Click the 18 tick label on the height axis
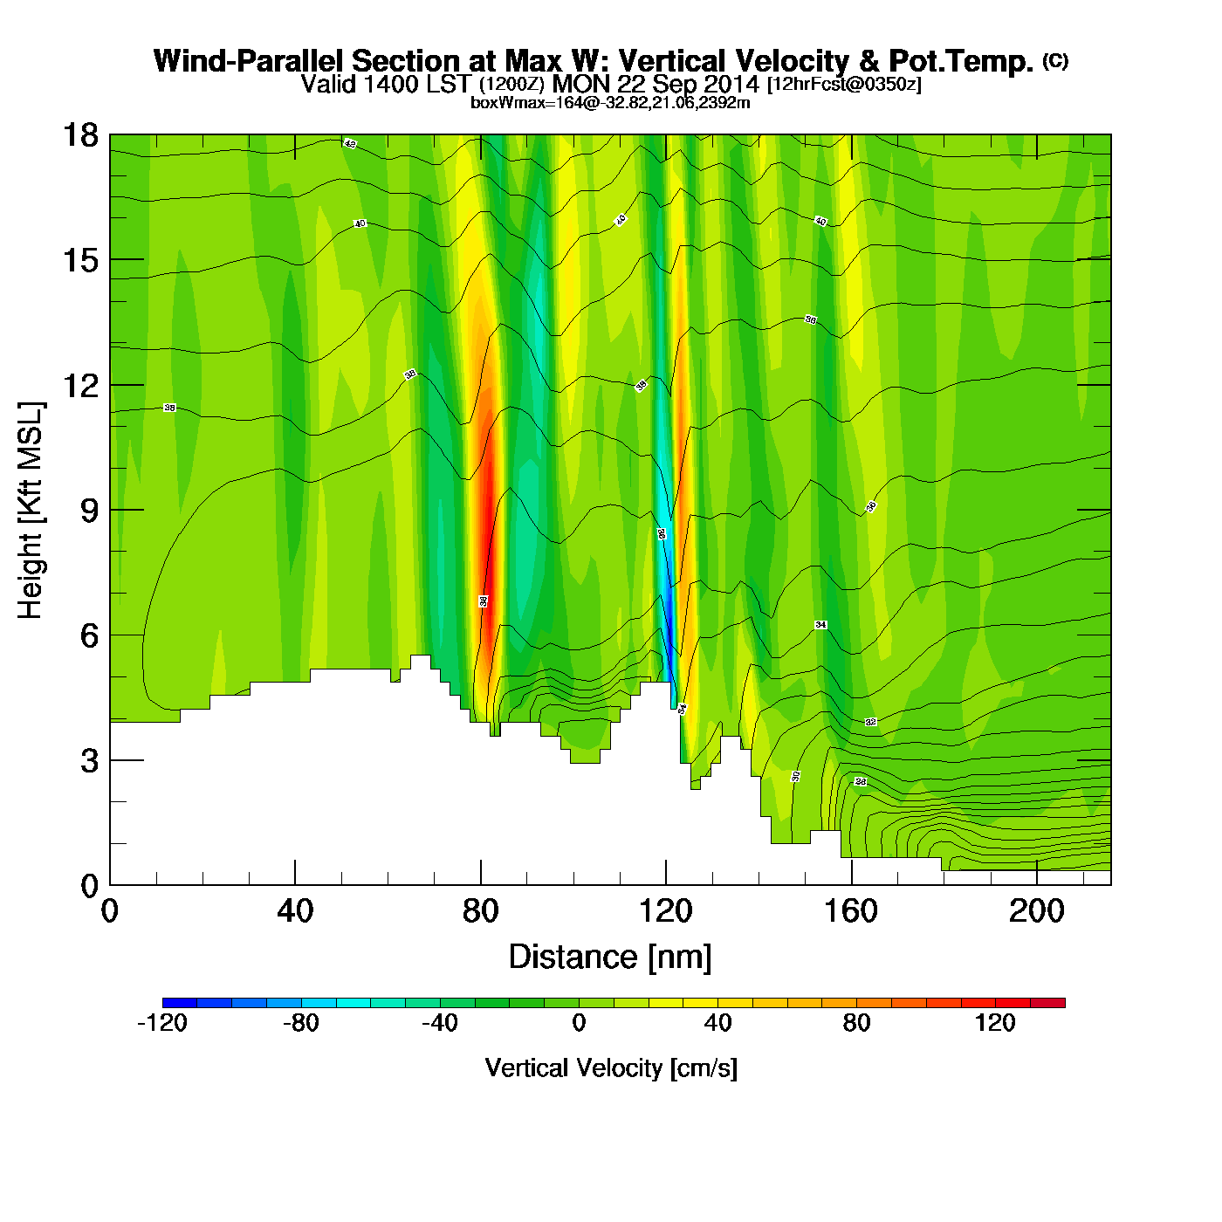(79, 135)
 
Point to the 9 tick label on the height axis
(89, 511)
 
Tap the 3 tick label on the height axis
(89, 761)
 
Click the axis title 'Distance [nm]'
(610, 958)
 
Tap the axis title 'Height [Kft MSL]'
(31, 511)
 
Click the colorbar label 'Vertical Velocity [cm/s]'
(611, 1068)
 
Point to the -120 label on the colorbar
(162, 1024)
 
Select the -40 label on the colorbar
(440, 1024)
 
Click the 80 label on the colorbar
(856, 1024)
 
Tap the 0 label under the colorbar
(579, 1024)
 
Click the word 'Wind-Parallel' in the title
(250, 61)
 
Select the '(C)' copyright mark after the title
(1054, 60)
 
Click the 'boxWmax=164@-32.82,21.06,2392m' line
(610, 102)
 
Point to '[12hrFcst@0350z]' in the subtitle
(844, 85)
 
